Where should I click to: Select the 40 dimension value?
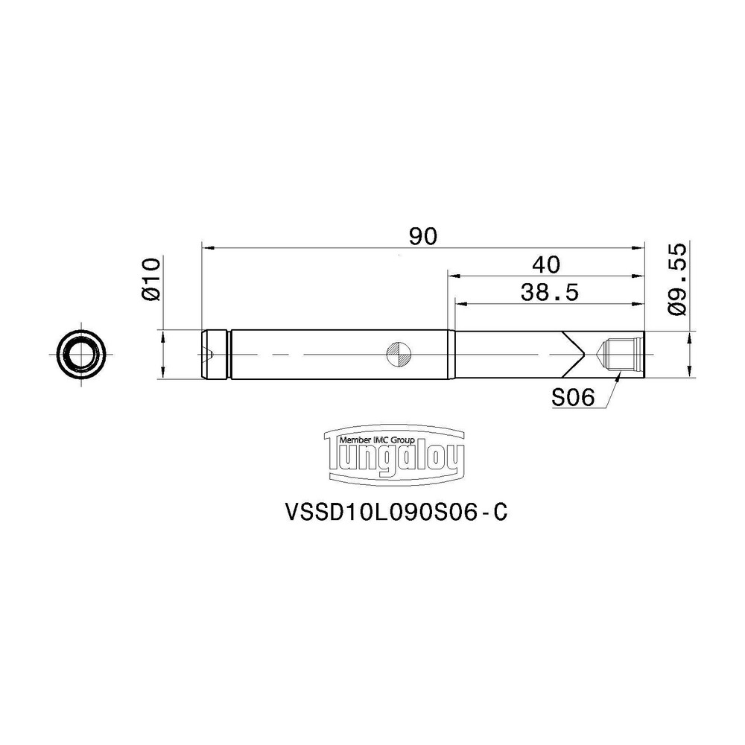click(546, 264)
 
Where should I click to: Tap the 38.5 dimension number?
click(550, 292)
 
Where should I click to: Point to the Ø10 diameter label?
click(151, 279)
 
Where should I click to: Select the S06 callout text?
click(572, 399)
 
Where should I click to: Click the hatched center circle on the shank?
click(398, 355)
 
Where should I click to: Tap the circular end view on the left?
click(80, 355)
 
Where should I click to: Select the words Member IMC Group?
click(379, 440)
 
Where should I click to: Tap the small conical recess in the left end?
click(211, 355)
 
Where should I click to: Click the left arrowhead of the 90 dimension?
click(208, 247)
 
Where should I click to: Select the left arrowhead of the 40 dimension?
click(452, 275)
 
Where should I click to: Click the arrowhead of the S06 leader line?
click(618, 378)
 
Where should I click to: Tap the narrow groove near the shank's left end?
click(229, 355)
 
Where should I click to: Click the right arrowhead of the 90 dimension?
click(638, 247)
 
